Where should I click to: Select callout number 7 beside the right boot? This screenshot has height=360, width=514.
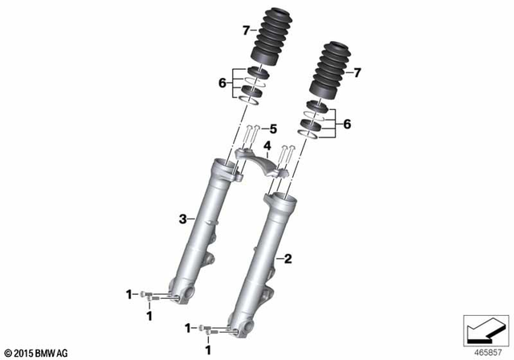[358, 73]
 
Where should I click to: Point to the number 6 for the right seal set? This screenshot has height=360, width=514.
[347, 125]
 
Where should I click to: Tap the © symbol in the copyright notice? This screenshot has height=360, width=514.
[7, 352]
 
